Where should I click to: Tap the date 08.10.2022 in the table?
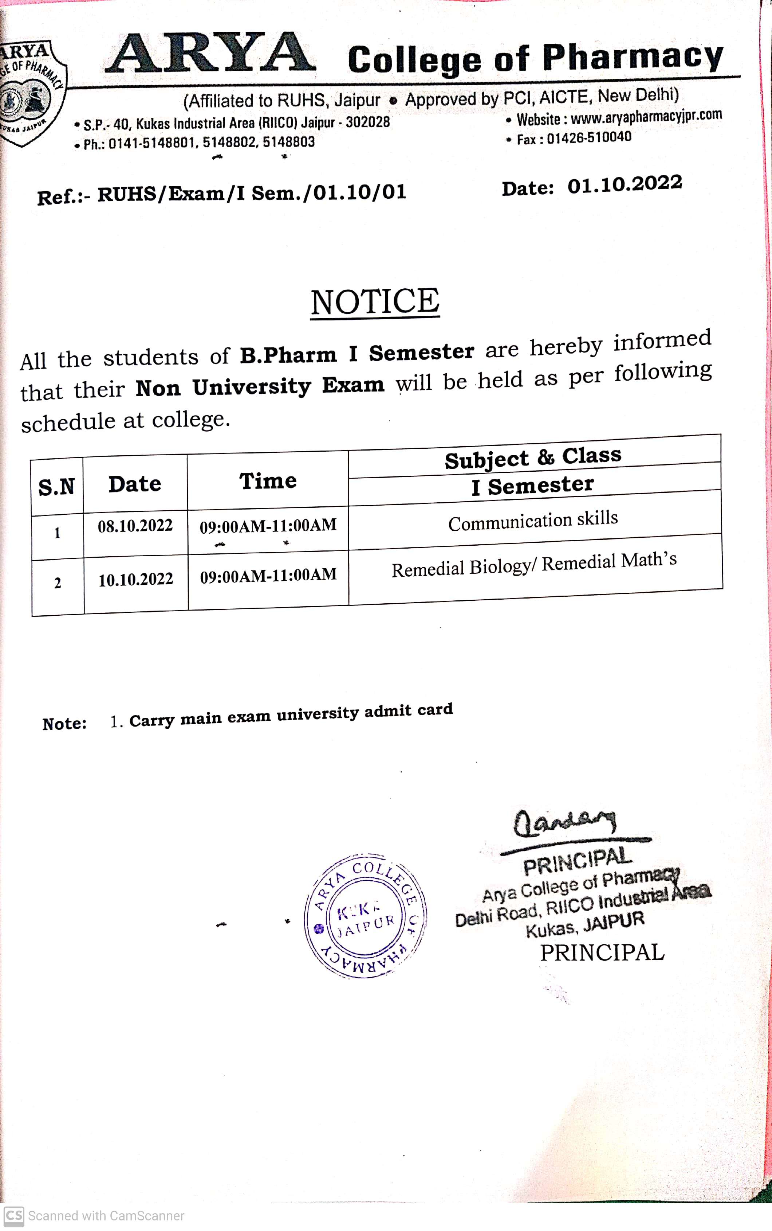(135, 526)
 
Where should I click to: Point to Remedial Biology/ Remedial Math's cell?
(534, 565)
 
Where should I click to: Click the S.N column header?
(57, 487)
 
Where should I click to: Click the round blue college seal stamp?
(366, 916)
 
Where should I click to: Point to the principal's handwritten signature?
(564, 823)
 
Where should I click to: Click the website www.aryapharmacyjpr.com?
(646, 117)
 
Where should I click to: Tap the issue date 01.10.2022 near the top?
(625, 184)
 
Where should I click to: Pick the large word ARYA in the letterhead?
(211, 54)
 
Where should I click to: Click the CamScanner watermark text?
(106, 1216)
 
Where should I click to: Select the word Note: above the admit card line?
(64, 724)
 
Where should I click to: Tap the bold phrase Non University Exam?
(260, 387)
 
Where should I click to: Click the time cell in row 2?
(268, 575)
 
